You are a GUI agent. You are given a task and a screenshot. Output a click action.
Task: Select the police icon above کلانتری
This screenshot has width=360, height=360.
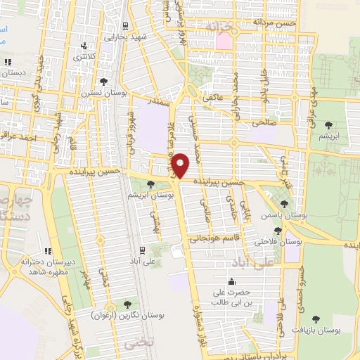(84, 48)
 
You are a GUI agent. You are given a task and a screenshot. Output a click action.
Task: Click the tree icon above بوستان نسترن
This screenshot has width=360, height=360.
(104, 82)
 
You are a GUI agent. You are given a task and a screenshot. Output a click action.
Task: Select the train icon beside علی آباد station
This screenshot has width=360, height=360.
(143, 249)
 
